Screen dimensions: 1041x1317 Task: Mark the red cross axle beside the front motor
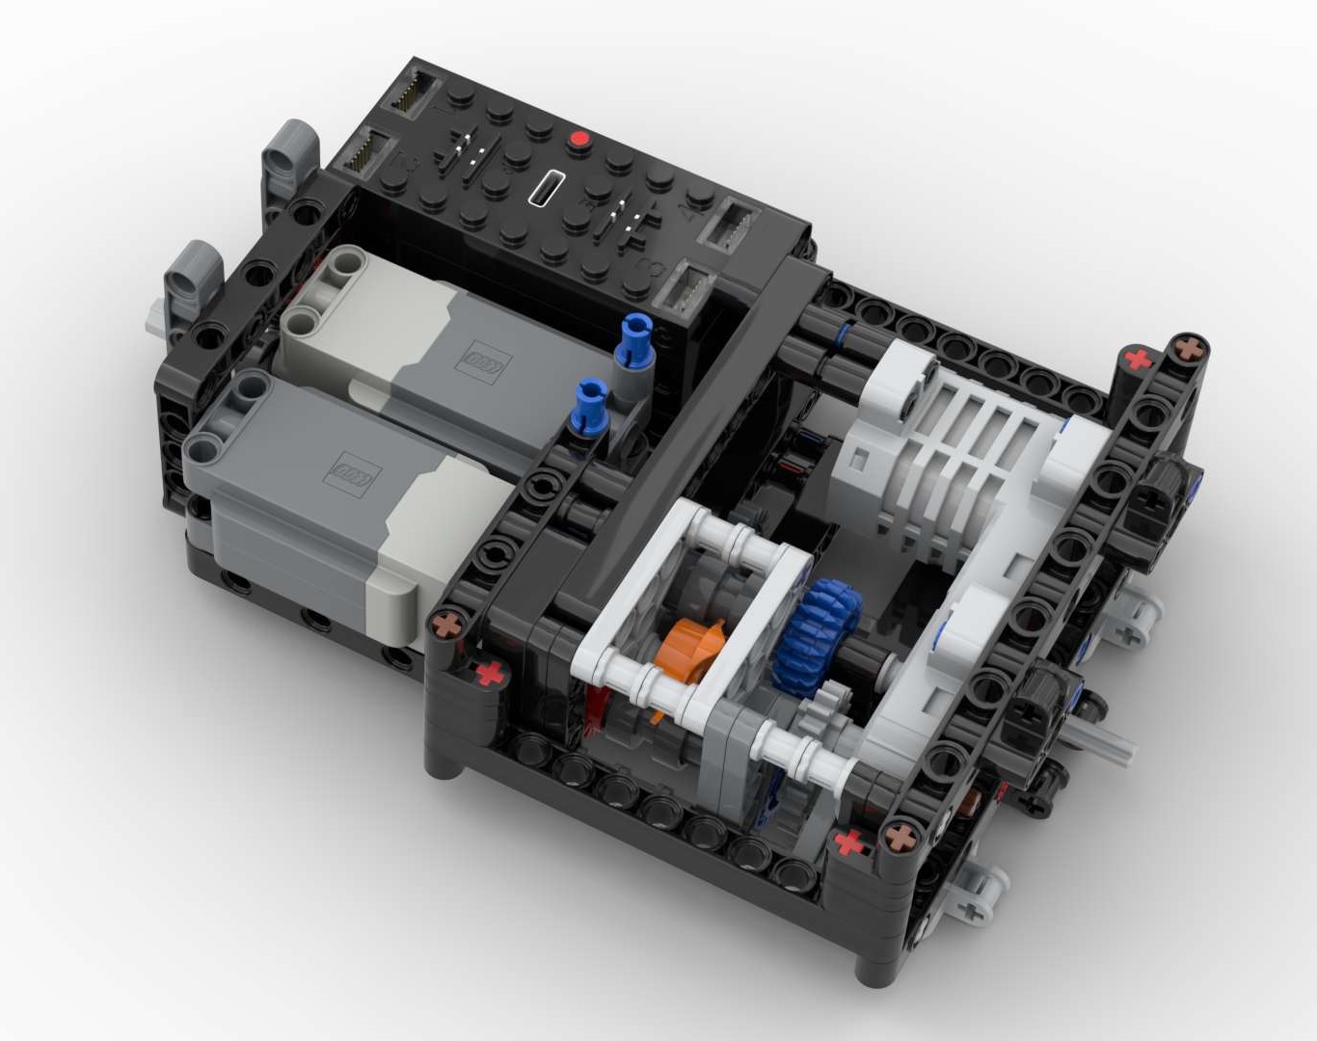click(x=490, y=672)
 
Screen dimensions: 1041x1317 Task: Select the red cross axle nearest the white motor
click(x=1139, y=360)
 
